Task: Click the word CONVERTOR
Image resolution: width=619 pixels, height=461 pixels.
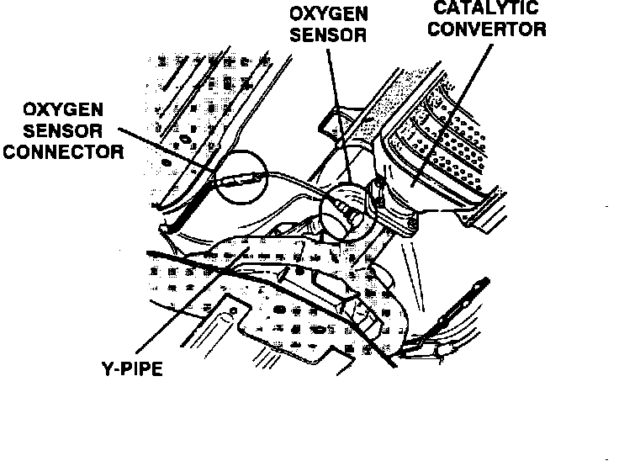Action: [488, 29]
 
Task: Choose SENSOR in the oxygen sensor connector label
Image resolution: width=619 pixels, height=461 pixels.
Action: [63, 131]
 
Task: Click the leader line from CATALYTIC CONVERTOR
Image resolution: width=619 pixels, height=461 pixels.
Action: [458, 109]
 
